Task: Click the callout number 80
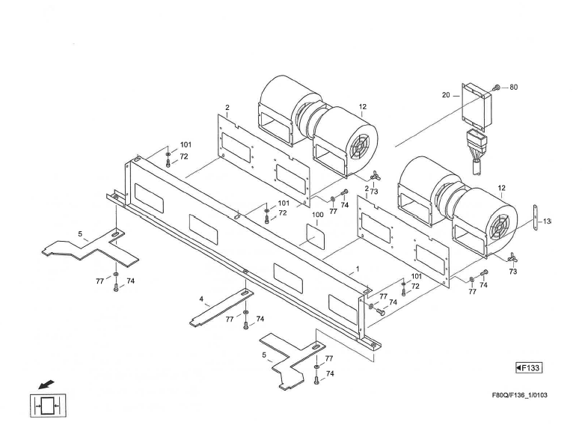coord(513,87)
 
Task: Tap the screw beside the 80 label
coord(497,88)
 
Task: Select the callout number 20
coord(446,95)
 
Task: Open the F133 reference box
coord(529,367)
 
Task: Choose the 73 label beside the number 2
coord(373,192)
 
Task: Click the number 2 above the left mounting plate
coord(227,108)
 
